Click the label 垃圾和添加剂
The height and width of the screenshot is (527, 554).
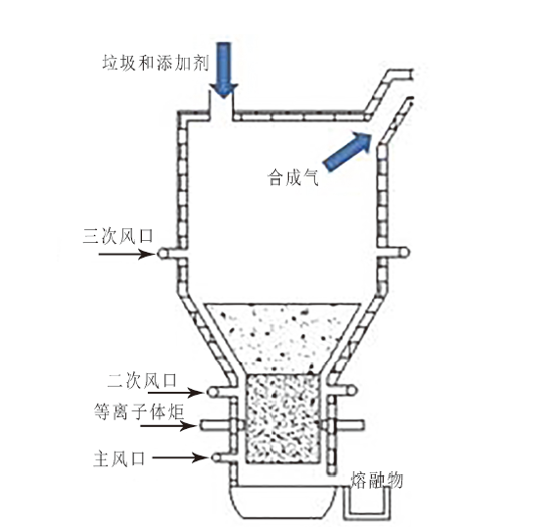pyautogui.click(x=156, y=63)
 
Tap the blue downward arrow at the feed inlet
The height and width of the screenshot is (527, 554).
pyautogui.click(x=223, y=70)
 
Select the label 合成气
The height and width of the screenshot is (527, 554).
pyautogui.click(x=294, y=177)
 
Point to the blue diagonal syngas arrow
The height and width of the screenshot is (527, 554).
pyautogui.click(x=347, y=151)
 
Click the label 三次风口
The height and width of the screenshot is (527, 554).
pyautogui.click(x=118, y=236)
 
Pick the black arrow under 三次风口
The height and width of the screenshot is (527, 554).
pyautogui.click(x=127, y=254)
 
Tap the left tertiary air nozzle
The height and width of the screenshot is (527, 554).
pyautogui.click(x=170, y=254)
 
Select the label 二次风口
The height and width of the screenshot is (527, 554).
pyautogui.click(x=142, y=381)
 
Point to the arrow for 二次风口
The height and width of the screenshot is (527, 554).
pyautogui.click(x=175, y=392)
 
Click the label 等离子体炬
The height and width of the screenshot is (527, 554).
pyautogui.click(x=139, y=411)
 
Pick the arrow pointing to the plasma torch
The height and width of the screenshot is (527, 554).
pyautogui.click(x=168, y=426)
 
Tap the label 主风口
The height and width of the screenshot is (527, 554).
pyautogui.click(x=119, y=458)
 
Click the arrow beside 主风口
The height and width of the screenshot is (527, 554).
pyautogui.click(x=180, y=457)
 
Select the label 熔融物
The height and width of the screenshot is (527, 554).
pyautogui.click(x=377, y=480)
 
